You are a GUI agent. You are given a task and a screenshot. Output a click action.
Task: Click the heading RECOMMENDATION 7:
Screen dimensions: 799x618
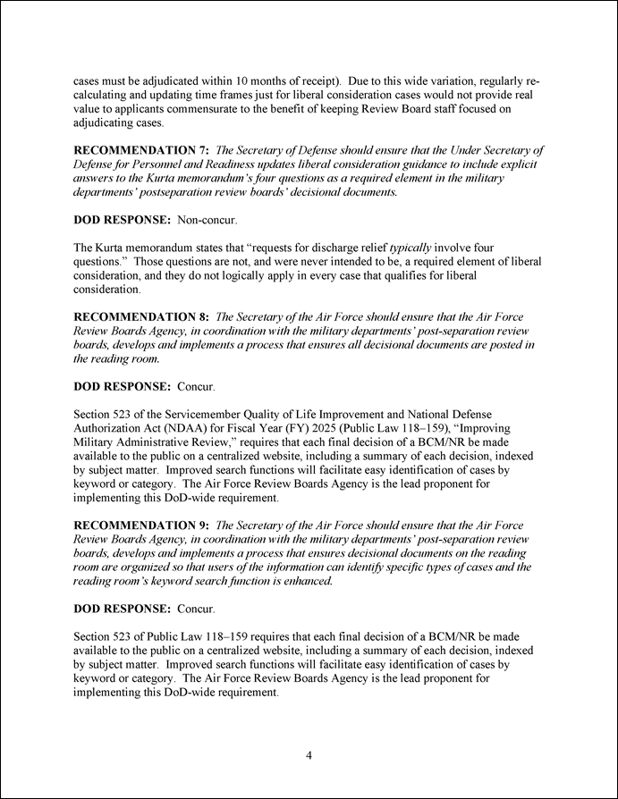point(141,150)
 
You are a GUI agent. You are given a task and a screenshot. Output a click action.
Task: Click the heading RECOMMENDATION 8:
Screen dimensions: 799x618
point(141,316)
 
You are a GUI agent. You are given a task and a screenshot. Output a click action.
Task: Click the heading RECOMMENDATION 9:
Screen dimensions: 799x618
point(141,525)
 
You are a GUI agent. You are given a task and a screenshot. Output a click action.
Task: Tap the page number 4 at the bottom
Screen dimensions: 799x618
point(309,755)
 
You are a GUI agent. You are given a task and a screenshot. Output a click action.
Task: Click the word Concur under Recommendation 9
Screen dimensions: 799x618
point(196,608)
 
